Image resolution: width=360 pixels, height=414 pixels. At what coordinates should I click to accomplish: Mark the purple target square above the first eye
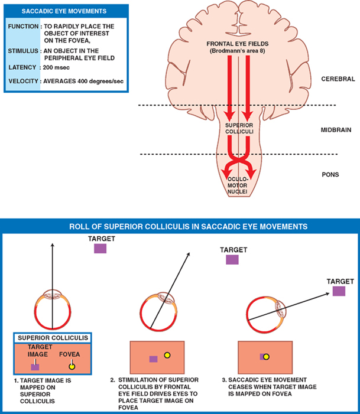click(100, 249)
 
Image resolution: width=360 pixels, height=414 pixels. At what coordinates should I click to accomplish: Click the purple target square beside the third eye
click(339, 290)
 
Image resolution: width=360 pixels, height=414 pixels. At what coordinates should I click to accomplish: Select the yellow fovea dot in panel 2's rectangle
click(167, 356)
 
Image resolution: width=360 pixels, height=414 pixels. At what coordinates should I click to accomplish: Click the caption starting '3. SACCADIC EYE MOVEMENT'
click(271, 386)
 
